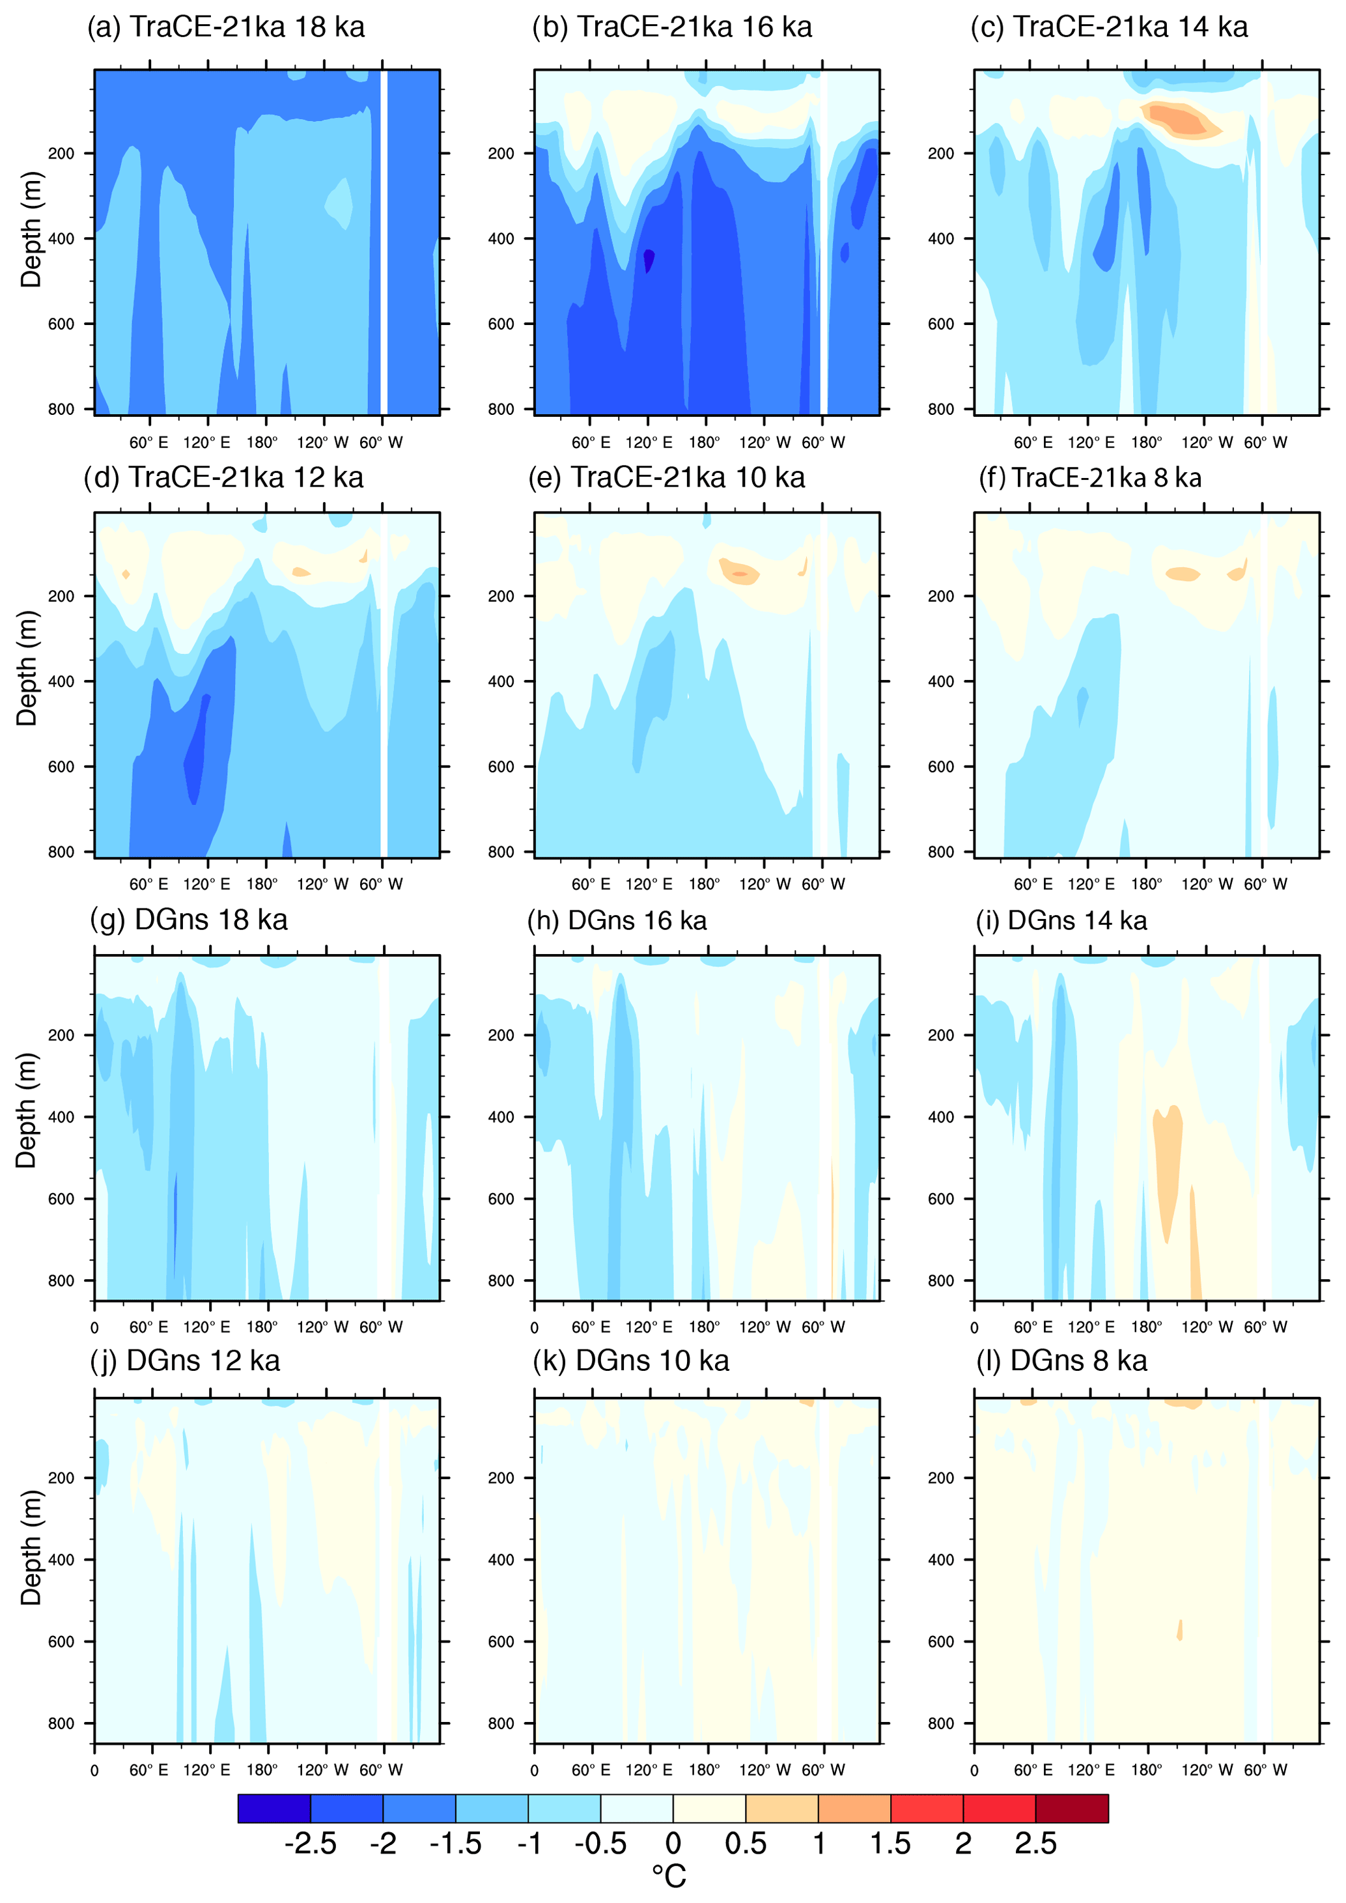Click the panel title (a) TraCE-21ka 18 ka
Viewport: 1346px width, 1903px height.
(x=225, y=27)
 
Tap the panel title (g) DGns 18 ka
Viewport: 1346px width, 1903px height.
(x=189, y=920)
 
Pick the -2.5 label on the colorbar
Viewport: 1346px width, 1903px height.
(x=310, y=1843)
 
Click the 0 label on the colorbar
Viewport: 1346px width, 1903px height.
(x=673, y=1843)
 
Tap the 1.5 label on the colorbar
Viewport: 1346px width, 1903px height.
(x=890, y=1843)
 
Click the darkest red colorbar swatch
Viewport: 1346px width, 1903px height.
(x=1072, y=1809)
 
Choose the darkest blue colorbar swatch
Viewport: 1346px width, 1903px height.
(x=274, y=1809)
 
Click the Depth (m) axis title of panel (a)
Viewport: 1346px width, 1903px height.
(x=31, y=230)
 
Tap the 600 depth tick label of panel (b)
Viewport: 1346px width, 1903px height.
(x=501, y=324)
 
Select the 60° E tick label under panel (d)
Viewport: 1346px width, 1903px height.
(x=148, y=884)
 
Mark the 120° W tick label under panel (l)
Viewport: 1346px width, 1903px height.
(x=1207, y=1769)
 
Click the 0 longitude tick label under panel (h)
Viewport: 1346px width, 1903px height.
(x=535, y=1328)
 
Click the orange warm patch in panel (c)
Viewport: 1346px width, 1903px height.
(x=1179, y=119)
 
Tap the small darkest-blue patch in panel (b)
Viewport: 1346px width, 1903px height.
(x=648, y=259)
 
